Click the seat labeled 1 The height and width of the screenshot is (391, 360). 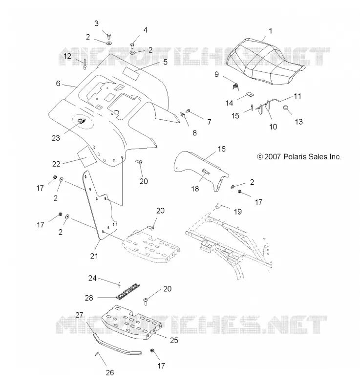(x=264, y=60)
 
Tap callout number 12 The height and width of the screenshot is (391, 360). (x=67, y=56)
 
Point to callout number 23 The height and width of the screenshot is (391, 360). (x=56, y=138)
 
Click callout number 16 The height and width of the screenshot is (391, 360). (x=221, y=149)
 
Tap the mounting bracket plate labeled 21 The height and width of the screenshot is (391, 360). (x=100, y=204)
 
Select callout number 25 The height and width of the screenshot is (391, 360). (x=174, y=340)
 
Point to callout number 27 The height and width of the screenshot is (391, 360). (x=79, y=315)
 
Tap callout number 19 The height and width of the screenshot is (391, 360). (x=238, y=212)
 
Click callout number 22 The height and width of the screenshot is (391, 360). (x=56, y=164)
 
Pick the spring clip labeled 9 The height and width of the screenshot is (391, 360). (x=235, y=87)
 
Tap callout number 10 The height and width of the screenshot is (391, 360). (x=273, y=127)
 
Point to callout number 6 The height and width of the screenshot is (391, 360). (x=58, y=83)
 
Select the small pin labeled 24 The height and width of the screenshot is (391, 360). (x=120, y=284)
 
